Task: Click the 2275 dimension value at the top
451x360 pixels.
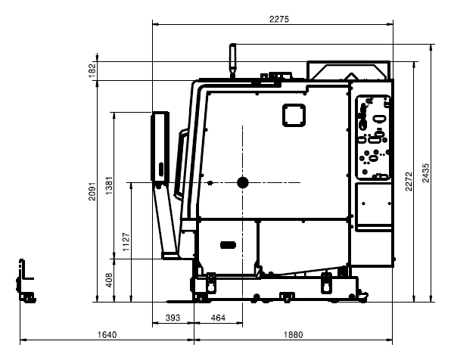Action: coord(278,19)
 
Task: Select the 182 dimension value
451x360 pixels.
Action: coord(92,71)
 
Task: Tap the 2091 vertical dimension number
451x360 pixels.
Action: coord(92,191)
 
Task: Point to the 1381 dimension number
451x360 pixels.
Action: coord(109,186)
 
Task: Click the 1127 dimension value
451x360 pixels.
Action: coord(126,242)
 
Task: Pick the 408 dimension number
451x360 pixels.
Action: coord(109,280)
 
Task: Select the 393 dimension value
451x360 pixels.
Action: coord(173,318)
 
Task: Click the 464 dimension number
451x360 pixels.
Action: coord(218,318)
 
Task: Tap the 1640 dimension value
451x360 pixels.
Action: coord(107,335)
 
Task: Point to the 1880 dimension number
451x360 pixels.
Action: coord(293,335)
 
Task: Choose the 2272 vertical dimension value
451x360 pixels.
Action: coord(409,182)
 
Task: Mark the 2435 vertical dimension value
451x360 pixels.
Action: coord(426,172)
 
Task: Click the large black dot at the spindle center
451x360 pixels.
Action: coord(243,182)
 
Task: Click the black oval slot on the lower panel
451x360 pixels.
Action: coord(228,245)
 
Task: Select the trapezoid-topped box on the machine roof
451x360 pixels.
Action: coord(349,70)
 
